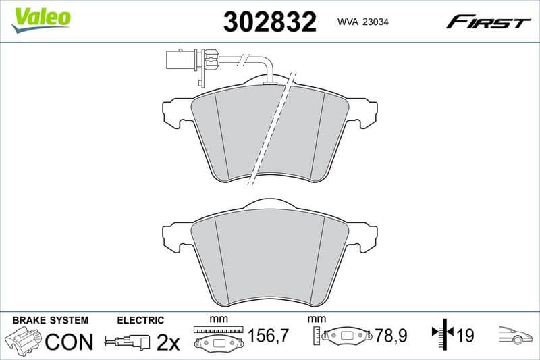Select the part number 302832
[269, 23]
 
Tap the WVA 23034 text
[361, 23]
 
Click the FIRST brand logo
[488, 23]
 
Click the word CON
[69, 342]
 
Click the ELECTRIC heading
[140, 320]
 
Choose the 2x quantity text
[168, 342]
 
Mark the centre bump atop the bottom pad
[269, 203]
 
